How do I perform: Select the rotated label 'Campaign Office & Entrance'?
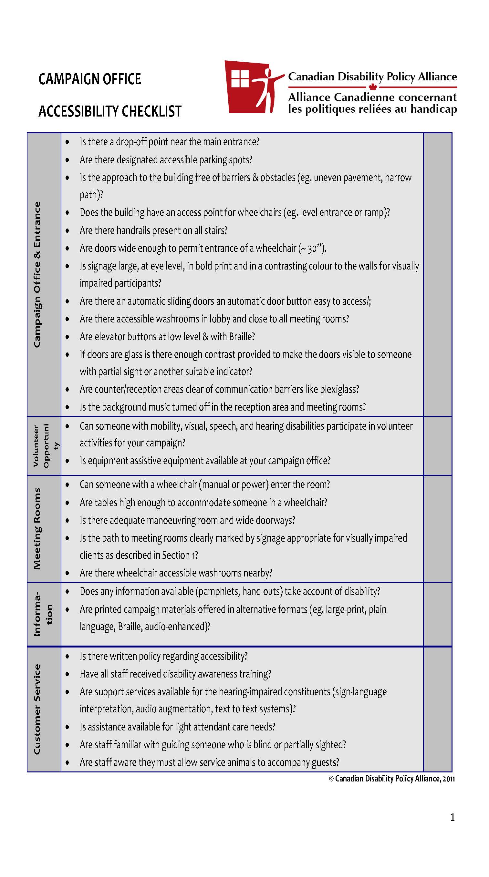click(37, 274)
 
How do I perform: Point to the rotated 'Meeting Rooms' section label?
click(37, 529)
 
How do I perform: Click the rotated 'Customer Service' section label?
click(37, 709)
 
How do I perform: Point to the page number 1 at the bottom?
click(453, 817)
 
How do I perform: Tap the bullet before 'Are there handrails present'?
click(68, 231)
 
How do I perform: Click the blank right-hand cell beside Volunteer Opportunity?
click(438, 446)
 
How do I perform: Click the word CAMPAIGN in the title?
click(68, 79)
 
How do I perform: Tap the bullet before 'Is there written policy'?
click(68, 657)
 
